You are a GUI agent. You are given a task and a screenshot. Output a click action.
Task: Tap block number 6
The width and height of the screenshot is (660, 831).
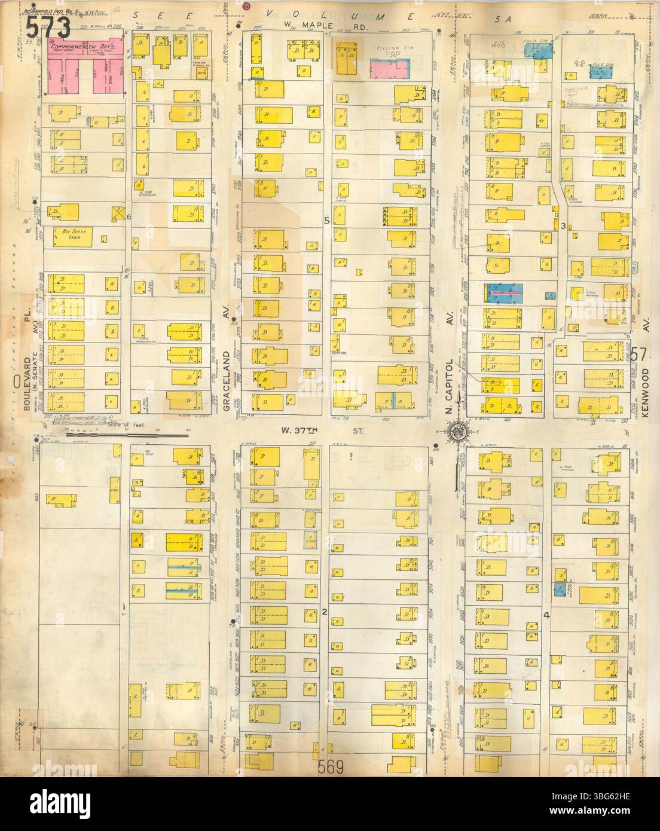click(129, 216)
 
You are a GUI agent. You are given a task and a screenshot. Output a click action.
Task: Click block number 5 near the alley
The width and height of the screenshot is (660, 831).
click(326, 221)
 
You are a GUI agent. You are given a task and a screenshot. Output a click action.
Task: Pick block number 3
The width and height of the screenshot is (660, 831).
click(563, 225)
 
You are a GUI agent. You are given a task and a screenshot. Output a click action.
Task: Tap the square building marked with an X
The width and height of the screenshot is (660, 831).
click(118, 213)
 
